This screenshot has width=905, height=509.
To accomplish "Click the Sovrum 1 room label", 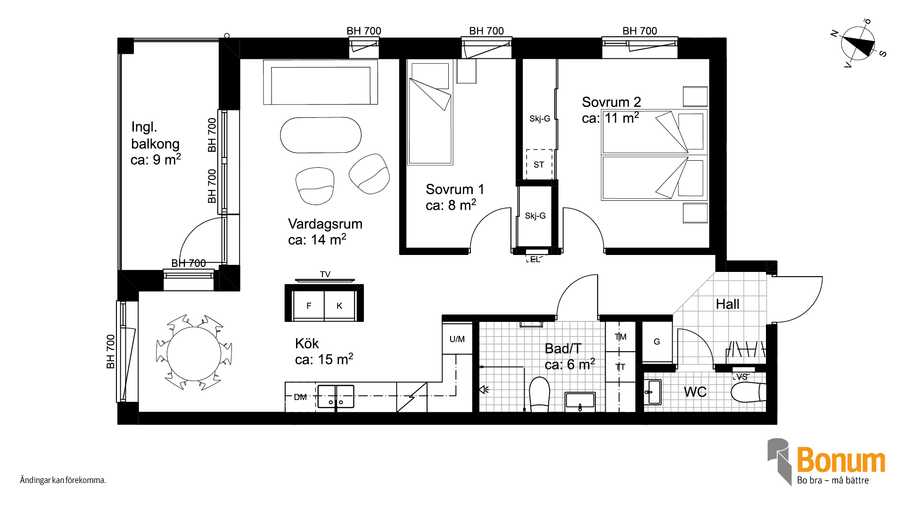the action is (455, 189).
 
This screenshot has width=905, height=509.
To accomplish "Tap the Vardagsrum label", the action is (325, 224).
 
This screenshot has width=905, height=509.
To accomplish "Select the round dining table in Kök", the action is (194, 354).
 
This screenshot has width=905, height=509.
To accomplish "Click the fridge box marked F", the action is (309, 305).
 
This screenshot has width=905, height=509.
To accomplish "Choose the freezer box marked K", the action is (339, 305).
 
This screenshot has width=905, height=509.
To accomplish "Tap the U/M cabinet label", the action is (457, 339).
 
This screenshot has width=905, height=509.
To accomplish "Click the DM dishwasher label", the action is (300, 397).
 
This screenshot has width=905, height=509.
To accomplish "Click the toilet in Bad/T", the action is (540, 394).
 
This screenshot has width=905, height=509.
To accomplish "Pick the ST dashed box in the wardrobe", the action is (539, 164).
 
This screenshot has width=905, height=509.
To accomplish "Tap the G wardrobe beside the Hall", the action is (657, 342).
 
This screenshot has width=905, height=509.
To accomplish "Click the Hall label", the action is (728, 304).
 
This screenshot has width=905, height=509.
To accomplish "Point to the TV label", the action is (325, 274).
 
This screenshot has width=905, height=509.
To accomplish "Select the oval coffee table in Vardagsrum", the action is (321, 135).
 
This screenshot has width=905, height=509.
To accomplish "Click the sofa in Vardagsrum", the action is (321, 82).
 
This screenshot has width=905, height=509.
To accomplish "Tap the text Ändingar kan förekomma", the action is (63, 480).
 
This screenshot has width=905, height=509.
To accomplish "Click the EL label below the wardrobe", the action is (535, 260).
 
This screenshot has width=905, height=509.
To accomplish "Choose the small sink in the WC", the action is (653, 392).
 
